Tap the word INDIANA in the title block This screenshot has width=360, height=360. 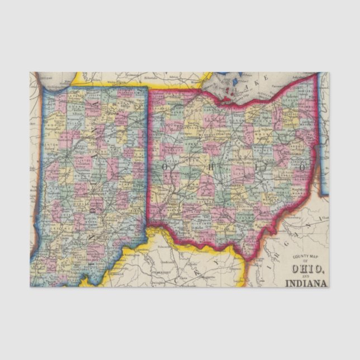point(306,282)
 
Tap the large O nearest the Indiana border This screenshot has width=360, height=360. point(165,166)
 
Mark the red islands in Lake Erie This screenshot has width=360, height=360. point(231,87)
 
